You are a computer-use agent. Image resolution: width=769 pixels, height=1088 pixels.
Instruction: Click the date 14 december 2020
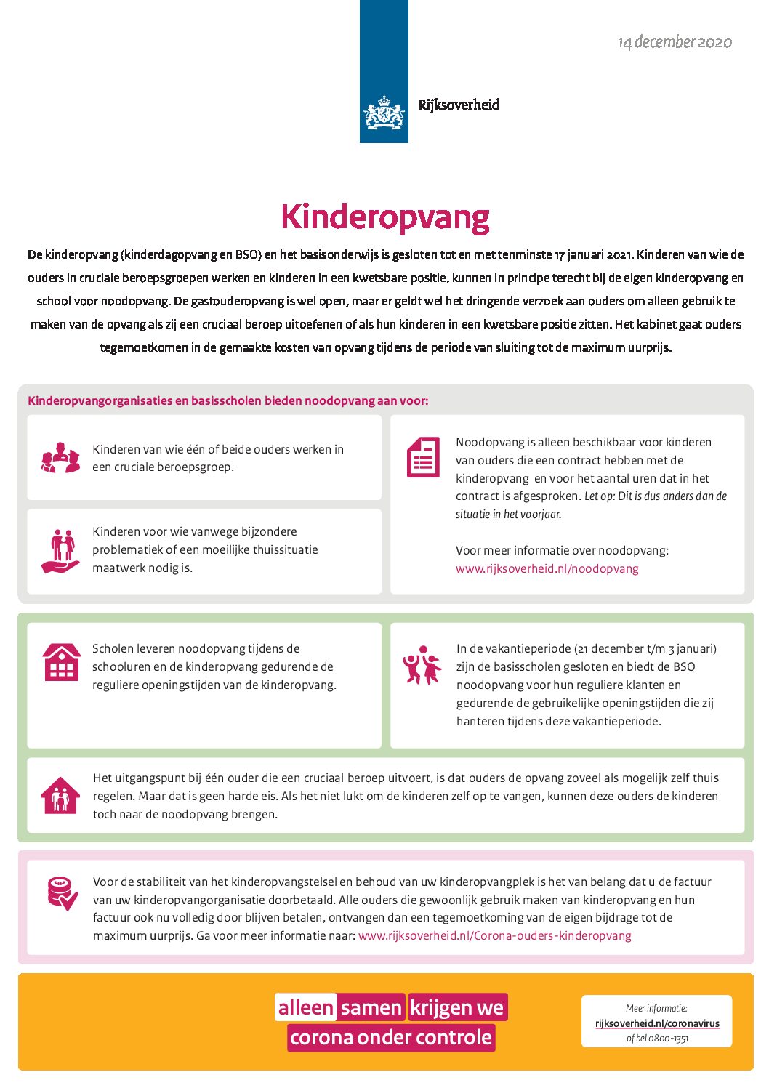[675, 42]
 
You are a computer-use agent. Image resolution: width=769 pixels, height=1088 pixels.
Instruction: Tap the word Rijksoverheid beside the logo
[459, 105]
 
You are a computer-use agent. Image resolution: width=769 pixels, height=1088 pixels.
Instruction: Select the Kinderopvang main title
[384, 217]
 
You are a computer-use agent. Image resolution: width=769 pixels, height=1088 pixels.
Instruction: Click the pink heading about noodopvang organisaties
[228, 400]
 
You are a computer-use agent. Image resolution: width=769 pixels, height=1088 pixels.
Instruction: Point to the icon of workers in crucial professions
[60, 458]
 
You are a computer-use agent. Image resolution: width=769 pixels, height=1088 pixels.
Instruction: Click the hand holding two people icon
[61, 550]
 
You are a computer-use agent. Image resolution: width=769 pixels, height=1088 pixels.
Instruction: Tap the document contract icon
[423, 457]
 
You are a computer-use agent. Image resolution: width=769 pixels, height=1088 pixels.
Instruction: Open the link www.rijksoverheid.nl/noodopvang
[547, 568]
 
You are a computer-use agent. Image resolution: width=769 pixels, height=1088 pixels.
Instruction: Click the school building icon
[61, 662]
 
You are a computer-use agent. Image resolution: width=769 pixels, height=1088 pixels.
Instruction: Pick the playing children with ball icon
[422, 664]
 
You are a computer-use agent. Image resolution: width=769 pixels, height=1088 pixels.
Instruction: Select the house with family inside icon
[60, 796]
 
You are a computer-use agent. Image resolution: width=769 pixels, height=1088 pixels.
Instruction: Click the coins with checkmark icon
[63, 893]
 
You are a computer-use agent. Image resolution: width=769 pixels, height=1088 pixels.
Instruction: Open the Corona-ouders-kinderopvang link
[494, 935]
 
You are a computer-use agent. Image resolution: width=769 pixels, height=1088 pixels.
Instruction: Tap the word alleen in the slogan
[305, 1007]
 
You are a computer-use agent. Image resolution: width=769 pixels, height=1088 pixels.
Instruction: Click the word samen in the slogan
[371, 1007]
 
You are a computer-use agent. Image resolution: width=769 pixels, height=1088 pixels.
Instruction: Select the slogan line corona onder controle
[390, 1037]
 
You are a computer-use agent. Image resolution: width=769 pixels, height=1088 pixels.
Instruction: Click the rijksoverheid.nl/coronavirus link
[657, 1023]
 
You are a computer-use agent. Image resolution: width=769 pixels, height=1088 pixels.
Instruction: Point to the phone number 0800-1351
[668, 1038]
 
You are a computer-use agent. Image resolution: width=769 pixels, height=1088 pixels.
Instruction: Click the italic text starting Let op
[654, 496]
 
